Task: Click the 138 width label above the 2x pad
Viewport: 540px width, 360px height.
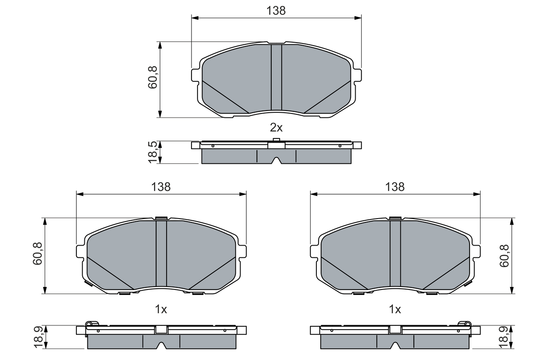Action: click(276, 11)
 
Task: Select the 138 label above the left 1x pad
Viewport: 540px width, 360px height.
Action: click(161, 187)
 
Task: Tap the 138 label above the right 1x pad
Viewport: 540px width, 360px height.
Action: click(395, 187)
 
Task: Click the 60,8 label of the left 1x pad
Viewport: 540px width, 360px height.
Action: click(38, 254)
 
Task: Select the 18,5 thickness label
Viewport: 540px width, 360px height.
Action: click(153, 152)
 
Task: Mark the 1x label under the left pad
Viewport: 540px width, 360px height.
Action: click(161, 309)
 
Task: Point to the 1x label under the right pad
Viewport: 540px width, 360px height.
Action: click(395, 309)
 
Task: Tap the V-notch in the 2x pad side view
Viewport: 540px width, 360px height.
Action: click(276, 160)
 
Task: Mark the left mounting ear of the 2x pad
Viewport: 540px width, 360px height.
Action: click(195, 75)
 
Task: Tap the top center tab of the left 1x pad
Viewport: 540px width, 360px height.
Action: click(161, 218)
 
